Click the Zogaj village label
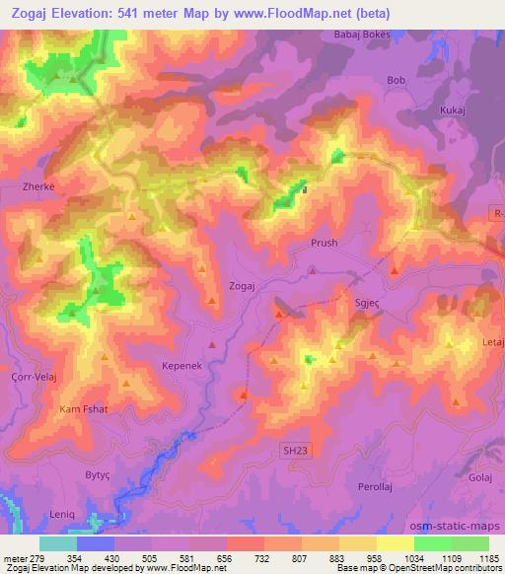[242, 284]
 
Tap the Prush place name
[324, 244]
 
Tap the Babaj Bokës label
[362, 34]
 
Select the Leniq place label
[63, 515]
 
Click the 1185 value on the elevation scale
[488, 558]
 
